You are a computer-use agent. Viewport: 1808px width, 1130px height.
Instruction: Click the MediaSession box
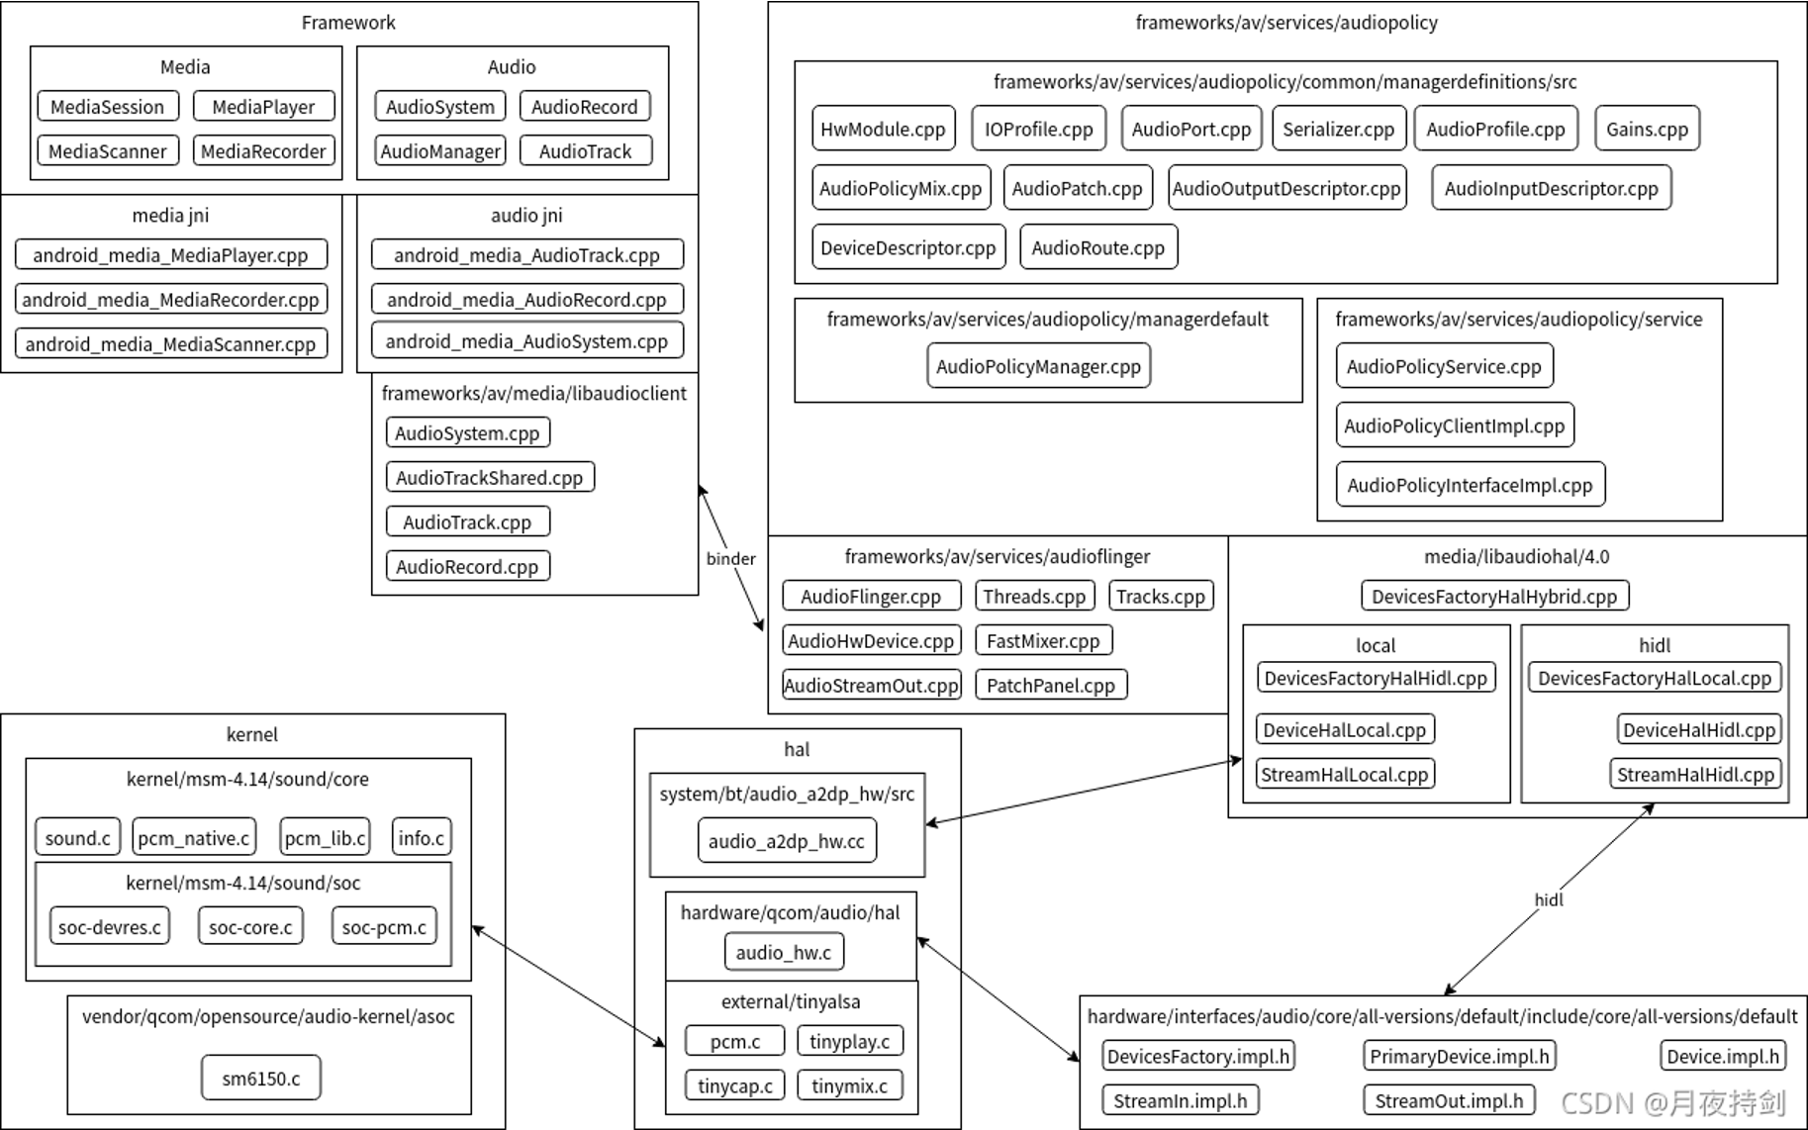(108, 107)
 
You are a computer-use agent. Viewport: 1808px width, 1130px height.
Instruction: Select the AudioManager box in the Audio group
(440, 151)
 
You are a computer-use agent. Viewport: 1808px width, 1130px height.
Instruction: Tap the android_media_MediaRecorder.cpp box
(170, 300)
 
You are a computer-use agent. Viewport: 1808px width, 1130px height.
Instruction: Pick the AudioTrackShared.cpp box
(490, 478)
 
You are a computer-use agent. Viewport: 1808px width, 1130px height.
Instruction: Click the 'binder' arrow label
(730, 559)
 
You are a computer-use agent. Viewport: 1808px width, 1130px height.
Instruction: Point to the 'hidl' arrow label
(1549, 899)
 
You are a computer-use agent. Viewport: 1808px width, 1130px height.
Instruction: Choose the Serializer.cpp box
(1338, 130)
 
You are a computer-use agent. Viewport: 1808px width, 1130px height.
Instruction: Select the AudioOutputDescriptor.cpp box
(1286, 189)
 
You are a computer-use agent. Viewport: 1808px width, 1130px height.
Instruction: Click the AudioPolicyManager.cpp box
(1038, 367)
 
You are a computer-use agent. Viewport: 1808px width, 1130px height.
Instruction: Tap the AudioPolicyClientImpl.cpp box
(1454, 426)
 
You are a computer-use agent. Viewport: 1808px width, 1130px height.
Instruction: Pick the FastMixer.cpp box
(1043, 641)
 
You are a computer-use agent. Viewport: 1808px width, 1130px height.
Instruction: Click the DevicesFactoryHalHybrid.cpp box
(1494, 597)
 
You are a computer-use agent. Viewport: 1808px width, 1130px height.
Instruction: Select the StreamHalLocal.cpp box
(1344, 775)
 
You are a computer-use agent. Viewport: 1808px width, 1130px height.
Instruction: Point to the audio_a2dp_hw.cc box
(786, 842)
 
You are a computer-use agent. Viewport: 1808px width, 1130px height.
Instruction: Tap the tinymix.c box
(849, 1085)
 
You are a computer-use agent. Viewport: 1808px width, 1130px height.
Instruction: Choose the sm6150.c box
(260, 1079)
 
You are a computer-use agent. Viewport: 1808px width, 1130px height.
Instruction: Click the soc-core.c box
(250, 927)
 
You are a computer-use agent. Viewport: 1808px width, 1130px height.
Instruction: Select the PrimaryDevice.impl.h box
(1459, 1057)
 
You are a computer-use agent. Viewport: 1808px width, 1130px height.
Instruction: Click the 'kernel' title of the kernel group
(251, 735)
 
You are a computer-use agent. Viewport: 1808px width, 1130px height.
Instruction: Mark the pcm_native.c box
(194, 838)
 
